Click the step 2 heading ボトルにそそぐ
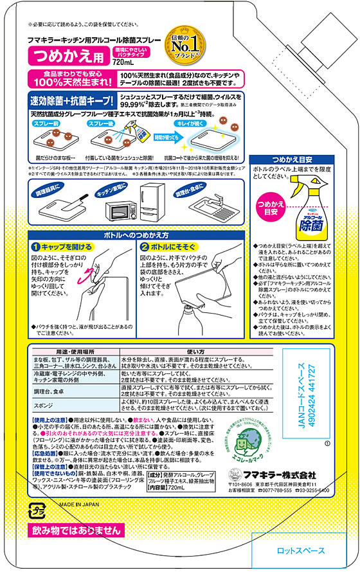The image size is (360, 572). pyautogui.click(x=172, y=247)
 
